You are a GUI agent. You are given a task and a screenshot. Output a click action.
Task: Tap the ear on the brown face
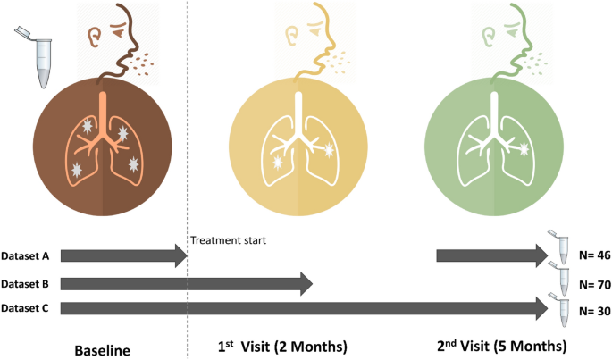94,37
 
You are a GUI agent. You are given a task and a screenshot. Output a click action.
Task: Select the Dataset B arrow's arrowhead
304,285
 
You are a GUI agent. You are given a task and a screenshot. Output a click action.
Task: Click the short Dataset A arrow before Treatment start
121,256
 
